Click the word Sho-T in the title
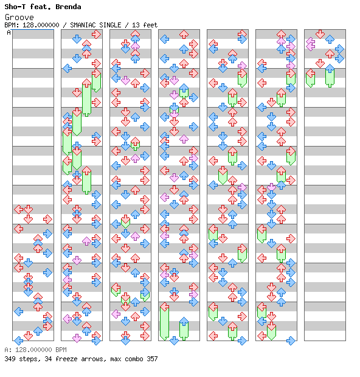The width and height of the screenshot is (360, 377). pyautogui.click(x=15, y=7)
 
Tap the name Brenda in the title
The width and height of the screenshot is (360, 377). pyautogui.click(x=68, y=7)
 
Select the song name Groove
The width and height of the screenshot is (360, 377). pyautogui.click(x=19, y=17)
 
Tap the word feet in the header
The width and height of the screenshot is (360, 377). pyautogui.click(x=150, y=25)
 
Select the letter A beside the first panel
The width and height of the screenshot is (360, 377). pyautogui.click(x=9, y=32)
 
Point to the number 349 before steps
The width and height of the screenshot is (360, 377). pyautogui.click(x=10, y=359)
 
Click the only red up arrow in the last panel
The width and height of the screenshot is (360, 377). pyautogui.click(x=330, y=54)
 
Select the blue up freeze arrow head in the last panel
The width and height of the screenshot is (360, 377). pyautogui.click(x=330, y=69)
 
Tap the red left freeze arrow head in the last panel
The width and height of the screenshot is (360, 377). pyautogui.click(x=311, y=74)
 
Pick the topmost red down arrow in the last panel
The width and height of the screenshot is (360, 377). pyautogui.click(x=320, y=34)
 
